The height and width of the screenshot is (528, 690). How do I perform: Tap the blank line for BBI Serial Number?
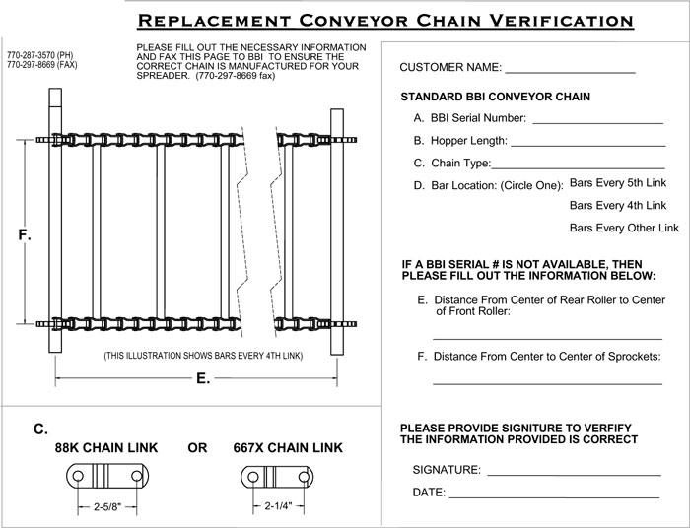coord(597,122)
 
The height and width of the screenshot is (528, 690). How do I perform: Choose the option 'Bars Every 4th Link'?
coord(619,206)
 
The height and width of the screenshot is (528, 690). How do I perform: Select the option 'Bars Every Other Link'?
coord(624,228)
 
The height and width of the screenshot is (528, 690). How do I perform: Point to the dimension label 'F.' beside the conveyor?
coord(25,236)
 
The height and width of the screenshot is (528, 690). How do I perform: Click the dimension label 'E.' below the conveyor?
coord(204,378)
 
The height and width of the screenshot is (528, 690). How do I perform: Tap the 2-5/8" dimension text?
coord(101,509)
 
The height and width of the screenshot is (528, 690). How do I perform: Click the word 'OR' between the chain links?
coord(197,448)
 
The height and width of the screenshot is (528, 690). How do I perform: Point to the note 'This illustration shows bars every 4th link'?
coord(202,355)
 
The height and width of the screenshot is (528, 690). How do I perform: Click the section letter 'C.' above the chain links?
coord(41,429)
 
